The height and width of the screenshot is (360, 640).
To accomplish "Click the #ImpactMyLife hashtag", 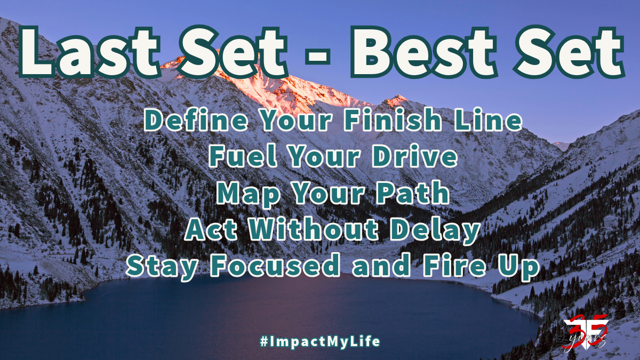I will point(320,341).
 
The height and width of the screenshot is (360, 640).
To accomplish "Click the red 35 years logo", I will point(584,335).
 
